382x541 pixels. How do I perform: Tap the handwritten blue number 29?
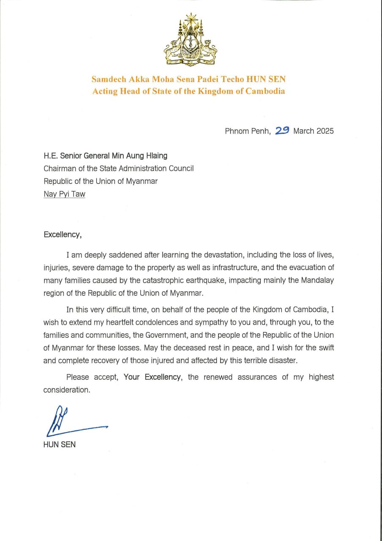(x=282, y=131)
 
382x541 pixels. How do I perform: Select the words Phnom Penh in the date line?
(x=247, y=131)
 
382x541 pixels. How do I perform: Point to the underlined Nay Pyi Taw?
(x=64, y=194)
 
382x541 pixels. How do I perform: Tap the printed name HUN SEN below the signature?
(x=59, y=445)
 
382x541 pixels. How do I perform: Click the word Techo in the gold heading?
(x=219, y=79)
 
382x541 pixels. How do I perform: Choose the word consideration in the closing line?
(x=66, y=390)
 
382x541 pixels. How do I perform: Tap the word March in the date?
(x=304, y=131)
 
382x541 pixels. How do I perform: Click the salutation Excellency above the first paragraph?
(x=62, y=235)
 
